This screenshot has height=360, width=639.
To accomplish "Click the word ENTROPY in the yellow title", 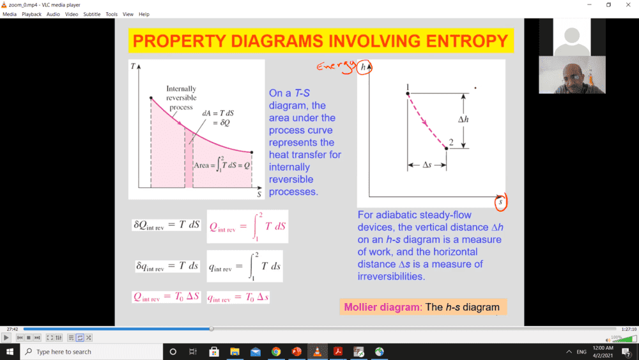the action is pyautogui.click(x=467, y=41).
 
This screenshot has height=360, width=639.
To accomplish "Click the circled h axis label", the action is pyautogui.click(x=364, y=67).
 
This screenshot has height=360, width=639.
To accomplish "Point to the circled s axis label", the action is pyautogui.click(x=501, y=202).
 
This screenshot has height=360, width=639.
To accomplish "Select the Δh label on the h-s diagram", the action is pyautogui.click(x=463, y=120).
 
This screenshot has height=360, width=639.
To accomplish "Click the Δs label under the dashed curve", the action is pyautogui.click(x=427, y=165).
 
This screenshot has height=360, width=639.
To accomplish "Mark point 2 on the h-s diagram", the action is pyautogui.click(x=446, y=148).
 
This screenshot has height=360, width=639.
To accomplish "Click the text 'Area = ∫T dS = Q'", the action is pyautogui.click(x=222, y=165).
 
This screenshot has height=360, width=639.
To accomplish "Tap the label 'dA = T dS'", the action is pyautogui.click(x=218, y=113).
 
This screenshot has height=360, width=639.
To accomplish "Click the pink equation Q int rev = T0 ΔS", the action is pyautogui.click(x=166, y=297).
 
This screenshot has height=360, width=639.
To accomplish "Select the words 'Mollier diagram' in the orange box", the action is pyautogui.click(x=382, y=307).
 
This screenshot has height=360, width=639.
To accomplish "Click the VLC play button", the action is pyautogui.click(x=6, y=338).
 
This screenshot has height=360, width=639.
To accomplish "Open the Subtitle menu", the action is pyautogui.click(x=91, y=14).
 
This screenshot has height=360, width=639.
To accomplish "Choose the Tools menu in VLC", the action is pyautogui.click(x=111, y=14).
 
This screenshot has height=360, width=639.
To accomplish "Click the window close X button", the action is pyautogui.click(x=628, y=5).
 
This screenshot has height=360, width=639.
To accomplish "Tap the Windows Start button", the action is pyautogui.click(x=10, y=352).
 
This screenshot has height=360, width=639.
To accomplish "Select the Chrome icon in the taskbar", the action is pyautogui.click(x=276, y=352).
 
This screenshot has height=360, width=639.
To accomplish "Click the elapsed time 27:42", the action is pyautogui.click(x=12, y=329).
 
